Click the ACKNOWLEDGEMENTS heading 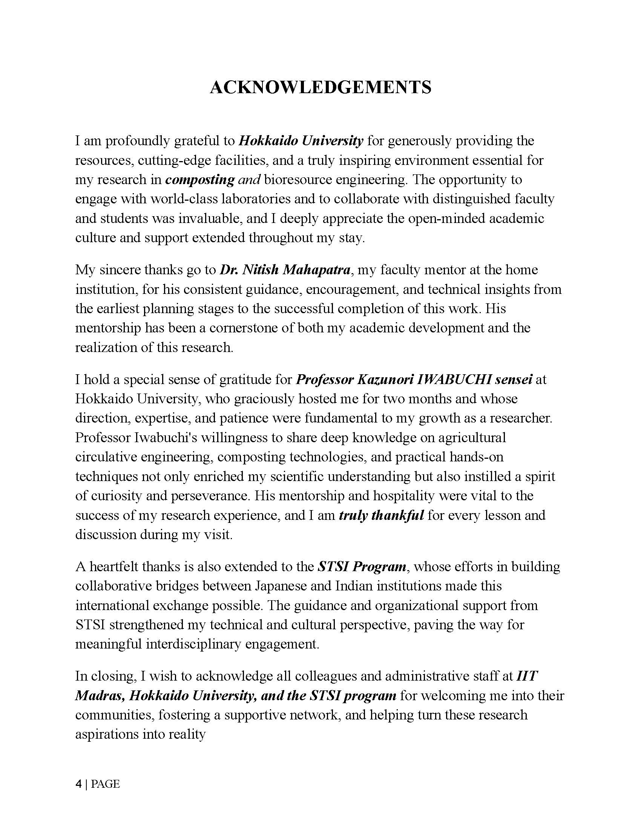click(320, 88)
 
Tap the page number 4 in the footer click(78, 784)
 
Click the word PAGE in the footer click(106, 784)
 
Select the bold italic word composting click(199, 180)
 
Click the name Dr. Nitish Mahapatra click(285, 270)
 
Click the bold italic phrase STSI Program click(362, 567)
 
